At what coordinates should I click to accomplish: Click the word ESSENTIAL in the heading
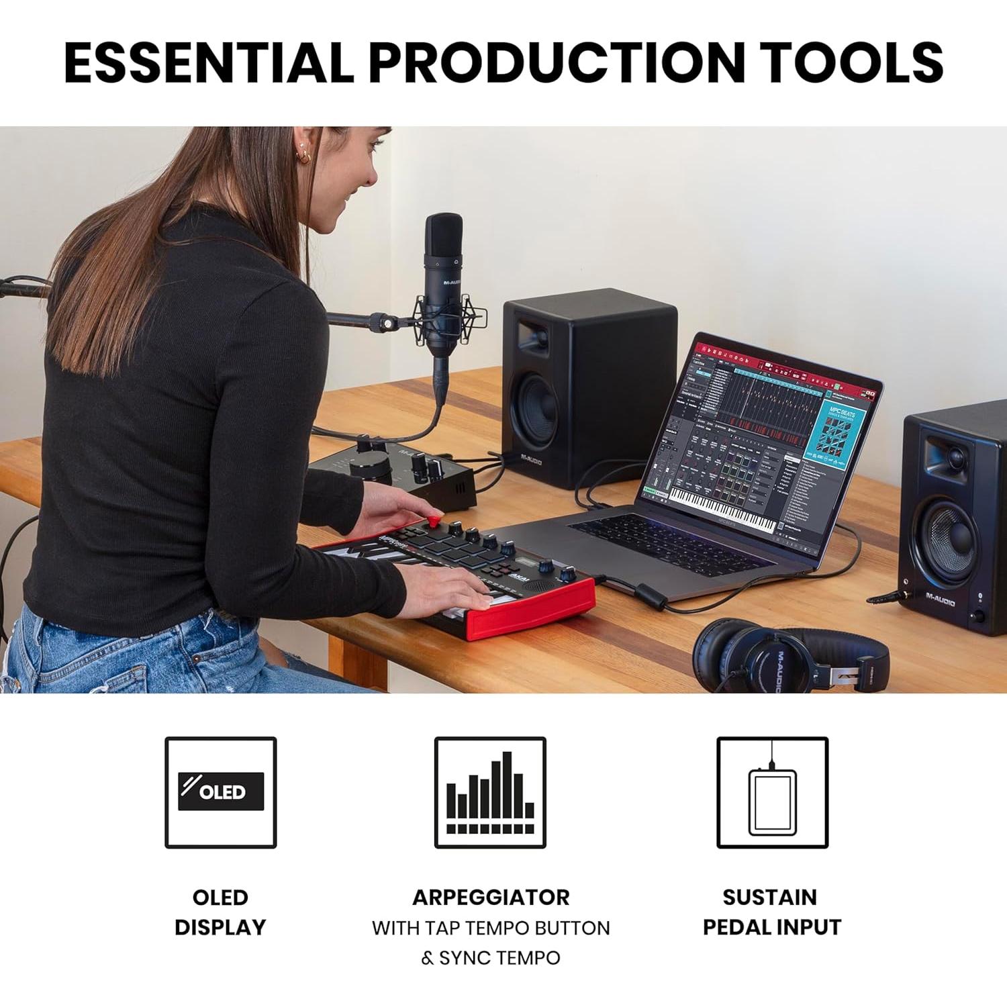click(208, 62)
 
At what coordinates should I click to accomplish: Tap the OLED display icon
click(221, 792)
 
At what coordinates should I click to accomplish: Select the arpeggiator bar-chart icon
click(490, 792)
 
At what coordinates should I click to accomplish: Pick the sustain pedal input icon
click(772, 792)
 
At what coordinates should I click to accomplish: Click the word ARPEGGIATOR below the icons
click(491, 897)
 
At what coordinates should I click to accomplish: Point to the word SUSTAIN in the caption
click(769, 897)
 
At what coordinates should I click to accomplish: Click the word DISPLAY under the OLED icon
click(220, 927)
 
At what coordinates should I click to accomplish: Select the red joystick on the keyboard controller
click(435, 520)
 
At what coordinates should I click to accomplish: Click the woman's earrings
click(303, 156)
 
